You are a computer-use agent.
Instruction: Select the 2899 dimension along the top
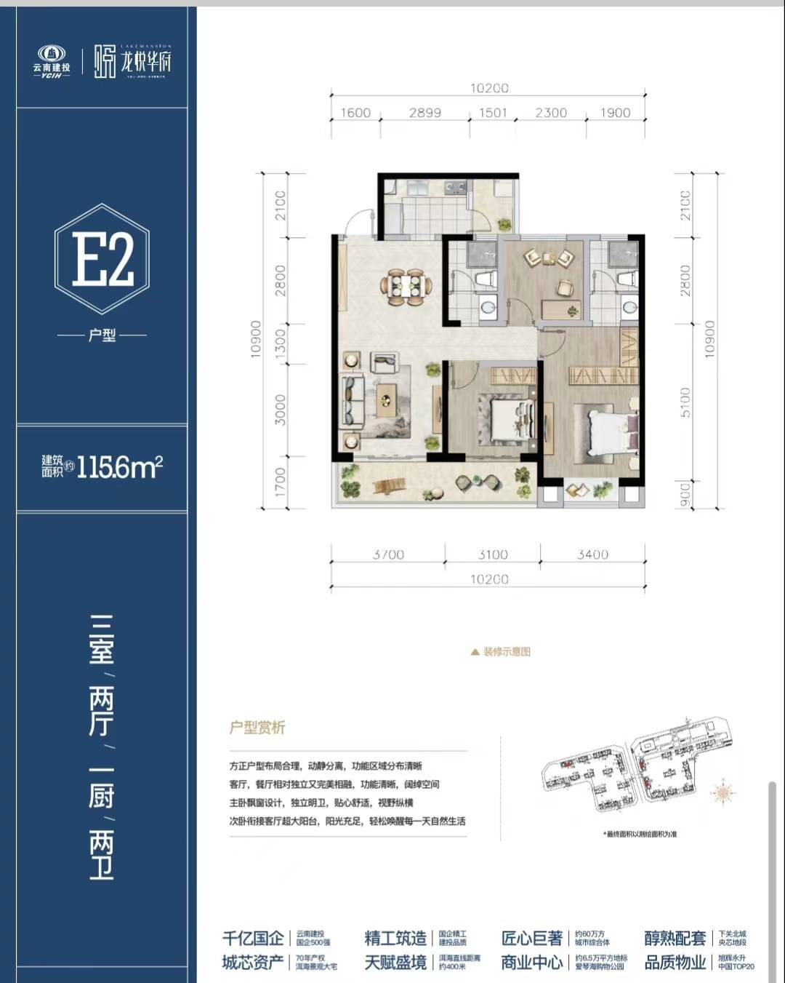point(424,113)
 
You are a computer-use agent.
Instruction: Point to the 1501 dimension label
point(493,113)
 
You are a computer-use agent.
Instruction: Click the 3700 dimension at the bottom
point(388,554)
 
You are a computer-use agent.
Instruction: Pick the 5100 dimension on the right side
point(685,402)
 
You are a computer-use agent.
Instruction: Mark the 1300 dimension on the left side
point(281,343)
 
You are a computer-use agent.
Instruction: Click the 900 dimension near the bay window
point(685,494)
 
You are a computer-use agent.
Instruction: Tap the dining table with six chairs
point(406,286)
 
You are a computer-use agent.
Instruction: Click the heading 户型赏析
point(257,727)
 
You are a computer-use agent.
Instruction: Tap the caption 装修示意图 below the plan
point(507,652)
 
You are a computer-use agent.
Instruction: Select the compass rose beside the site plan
point(724,794)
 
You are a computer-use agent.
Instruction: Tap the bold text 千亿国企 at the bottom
point(253,938)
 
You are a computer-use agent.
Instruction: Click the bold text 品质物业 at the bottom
point(675,963)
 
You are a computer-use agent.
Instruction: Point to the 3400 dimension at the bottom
point(592,554)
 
